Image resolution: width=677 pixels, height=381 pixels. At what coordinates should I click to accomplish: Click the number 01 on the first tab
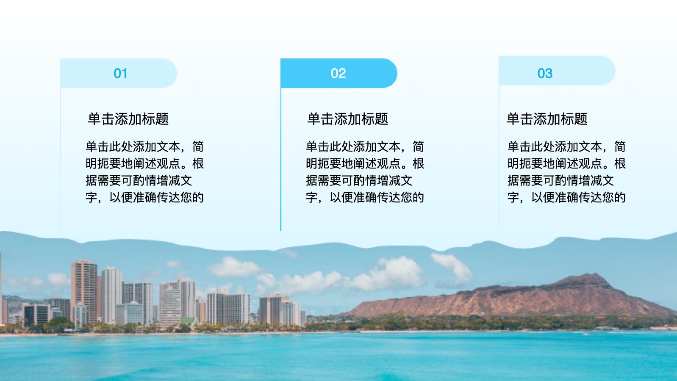pos(120,73)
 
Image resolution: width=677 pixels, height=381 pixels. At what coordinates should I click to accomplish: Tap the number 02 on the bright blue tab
pos(338,73)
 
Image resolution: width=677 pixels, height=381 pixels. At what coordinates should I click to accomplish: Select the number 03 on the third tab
pos(545,73)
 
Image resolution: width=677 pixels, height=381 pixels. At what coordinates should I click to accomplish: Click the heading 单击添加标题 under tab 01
pos(128,119)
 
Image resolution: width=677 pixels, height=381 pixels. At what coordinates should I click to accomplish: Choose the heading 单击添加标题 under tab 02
pos(347,119)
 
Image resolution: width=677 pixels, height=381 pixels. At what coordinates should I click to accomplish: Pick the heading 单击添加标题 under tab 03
pos(547,119)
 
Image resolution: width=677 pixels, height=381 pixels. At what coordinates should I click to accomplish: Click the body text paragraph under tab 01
pos(145,172)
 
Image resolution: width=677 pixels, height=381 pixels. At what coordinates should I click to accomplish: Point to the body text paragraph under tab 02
pos(365,172)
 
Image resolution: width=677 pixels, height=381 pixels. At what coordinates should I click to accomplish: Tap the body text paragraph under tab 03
pos(566,172)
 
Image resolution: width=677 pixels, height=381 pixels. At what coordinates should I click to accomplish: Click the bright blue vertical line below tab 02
pos(281,160)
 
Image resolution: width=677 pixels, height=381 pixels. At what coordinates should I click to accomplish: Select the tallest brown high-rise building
pos(84,291)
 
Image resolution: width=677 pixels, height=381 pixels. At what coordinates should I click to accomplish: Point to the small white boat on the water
pos(586,334)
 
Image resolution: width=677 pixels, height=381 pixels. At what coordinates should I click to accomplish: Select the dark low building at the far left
pos(36,315)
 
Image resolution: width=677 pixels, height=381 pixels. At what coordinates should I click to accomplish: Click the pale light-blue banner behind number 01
pos(119,73)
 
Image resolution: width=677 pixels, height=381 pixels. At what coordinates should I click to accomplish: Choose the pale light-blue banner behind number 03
pos(557,71)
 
